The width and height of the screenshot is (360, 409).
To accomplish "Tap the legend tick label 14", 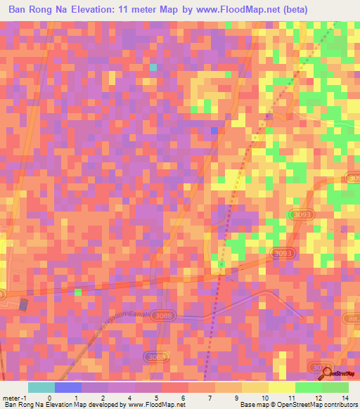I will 345,397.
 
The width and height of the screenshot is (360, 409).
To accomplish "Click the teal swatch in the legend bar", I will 41,387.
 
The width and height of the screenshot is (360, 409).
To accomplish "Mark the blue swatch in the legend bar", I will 68,387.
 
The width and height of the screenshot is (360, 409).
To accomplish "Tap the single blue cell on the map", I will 214,130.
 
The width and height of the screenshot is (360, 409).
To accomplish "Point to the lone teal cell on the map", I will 153,67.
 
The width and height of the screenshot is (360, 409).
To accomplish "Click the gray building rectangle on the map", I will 24,305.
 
